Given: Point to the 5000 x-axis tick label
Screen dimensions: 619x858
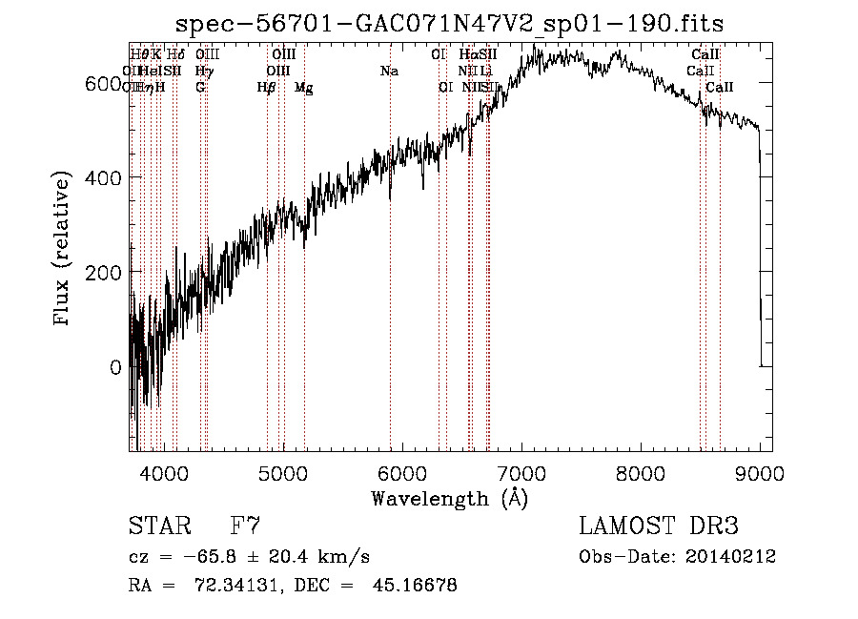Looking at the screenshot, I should click(282, 472).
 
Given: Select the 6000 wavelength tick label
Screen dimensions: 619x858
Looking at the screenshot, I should click(402, 472).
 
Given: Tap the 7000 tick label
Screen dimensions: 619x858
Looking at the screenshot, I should click(521, 472).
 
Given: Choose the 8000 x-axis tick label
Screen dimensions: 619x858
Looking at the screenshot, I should click(641, 472).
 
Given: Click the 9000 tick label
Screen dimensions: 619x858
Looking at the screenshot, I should click(760, 472).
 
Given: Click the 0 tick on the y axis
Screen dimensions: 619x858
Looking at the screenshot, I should click(115, 367).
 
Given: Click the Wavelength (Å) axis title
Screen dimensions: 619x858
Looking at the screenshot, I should click(449, 498).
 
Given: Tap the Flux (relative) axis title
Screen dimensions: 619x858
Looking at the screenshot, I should click(64, 250).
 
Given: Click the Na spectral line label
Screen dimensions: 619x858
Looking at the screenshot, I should click(389, 72).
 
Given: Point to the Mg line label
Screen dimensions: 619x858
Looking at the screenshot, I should click(303, 88).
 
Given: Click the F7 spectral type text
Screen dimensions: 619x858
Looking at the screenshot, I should click(246, 526).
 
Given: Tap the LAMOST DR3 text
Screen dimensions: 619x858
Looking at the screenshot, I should click(659, 526).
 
